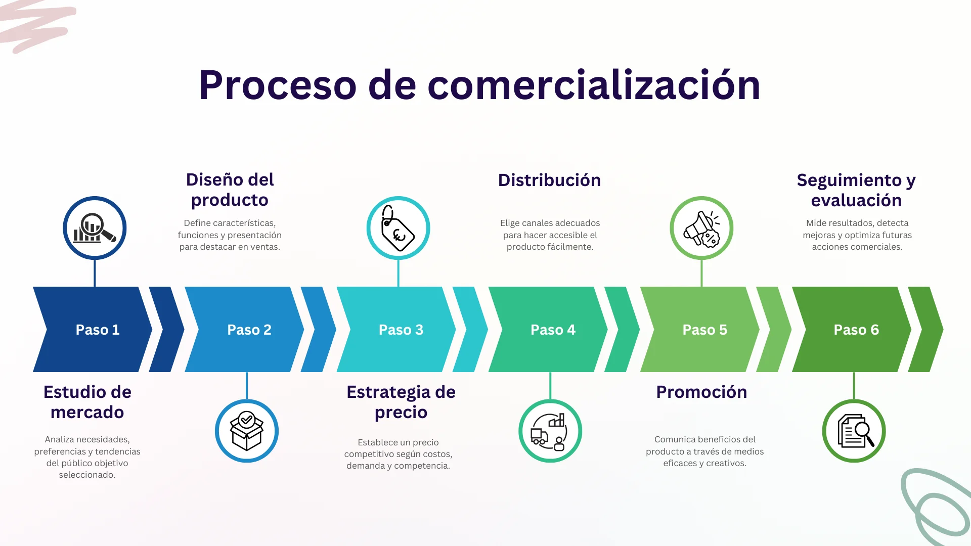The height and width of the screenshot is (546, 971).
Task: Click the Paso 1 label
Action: pyautogui.click(x=98, y=330)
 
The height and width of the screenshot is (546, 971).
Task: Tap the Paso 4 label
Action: pyautogui.click(x=553, y=330)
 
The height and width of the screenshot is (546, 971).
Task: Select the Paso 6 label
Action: pyautogui.click(x=856, y=330)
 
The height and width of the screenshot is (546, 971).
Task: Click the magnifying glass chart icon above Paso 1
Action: pyautogui.click(x=95, y=228)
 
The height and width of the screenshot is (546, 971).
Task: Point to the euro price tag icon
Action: pyautogui.click(x=398, y=228)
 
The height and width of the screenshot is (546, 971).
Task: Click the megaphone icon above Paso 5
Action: pyautogui.click(x=701, y=229)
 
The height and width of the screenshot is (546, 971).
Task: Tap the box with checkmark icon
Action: pyautogui.click(x=247, y=431)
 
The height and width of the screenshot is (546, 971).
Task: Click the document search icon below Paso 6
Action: pyautogui.click(x=855, y=431)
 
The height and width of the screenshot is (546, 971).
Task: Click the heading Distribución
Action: pyautogui.click(x=549, y=180)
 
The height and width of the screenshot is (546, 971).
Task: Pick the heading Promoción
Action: pyautogui.click(x=701, y=392)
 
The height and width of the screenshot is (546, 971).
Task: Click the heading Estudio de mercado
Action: pyautogui.click(x=87, y=402)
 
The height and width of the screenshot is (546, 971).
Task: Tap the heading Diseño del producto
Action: pyautogui.click(x=230, y=190)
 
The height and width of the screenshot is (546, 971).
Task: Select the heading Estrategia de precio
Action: pyautogui.click(x=401, y=402)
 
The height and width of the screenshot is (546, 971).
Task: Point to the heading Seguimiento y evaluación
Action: pyautogui.click(x=856, y=190)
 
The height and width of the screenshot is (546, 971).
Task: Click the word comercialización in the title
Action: pyautogui.click(x=594, y=85)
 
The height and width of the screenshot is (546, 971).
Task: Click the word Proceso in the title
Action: pyautogui.click(x=278, y=85)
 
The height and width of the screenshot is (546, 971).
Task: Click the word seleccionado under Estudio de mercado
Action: pyautogui.click(x=87, y=475)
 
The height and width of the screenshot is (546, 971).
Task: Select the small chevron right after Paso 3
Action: pyautogui.click(x=470, y=330)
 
